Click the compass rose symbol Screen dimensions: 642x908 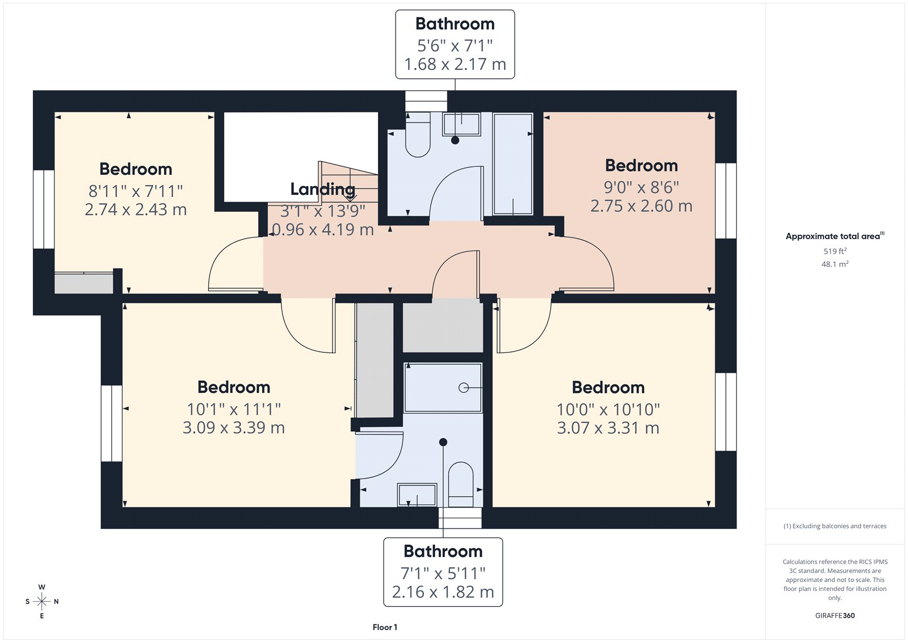[41, 601]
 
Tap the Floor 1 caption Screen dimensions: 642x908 [385, 627]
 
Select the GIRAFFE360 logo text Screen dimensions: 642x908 [835, 615]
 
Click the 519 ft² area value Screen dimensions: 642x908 [835, 251]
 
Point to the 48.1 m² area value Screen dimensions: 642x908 [835, 264]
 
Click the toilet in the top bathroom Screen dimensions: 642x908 [418, 136]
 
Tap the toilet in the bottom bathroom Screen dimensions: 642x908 [461, 484]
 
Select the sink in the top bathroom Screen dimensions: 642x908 [461, 124]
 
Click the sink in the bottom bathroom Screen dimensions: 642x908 [417, 494]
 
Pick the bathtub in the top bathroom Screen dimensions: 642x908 [513, 165]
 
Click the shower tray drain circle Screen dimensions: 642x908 [463, 388]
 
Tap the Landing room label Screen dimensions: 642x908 [322, 189]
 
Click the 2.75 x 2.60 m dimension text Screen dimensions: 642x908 [641, 206]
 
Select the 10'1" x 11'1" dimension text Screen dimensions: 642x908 [234, 409]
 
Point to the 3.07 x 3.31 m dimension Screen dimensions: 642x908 [608, 428]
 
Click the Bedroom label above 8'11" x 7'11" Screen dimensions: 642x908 [136, 169]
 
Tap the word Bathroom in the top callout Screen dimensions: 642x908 [455, 24]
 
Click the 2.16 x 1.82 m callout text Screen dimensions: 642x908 [443, 592]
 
